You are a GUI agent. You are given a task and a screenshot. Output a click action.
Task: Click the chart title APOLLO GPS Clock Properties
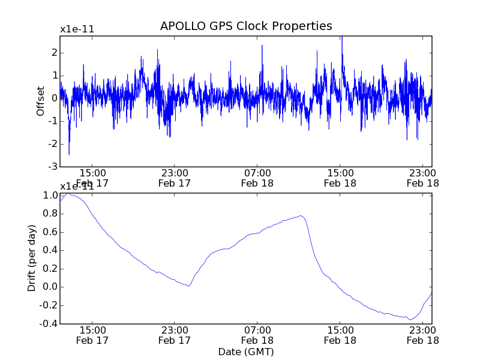click(246, 26)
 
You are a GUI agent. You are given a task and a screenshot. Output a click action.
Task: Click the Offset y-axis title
click(41, 101)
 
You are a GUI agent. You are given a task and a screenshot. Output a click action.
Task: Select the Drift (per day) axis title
click(32, 258)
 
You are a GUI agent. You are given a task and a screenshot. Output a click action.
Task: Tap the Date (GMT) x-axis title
click(246, 352)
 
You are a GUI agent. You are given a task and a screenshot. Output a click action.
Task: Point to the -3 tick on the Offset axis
click(53, 166)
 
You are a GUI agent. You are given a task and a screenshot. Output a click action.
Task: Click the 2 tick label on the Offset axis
click(54, 53)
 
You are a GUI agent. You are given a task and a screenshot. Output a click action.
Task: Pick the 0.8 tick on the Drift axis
click(50, 214)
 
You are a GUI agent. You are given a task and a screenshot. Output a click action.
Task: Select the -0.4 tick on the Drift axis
click(49, 323)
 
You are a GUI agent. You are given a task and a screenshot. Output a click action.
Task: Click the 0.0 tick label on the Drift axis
click(50, 287)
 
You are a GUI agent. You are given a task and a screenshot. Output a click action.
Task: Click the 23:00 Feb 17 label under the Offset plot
click(174, 178)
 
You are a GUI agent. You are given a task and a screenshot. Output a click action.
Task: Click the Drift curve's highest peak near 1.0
click(69, 194)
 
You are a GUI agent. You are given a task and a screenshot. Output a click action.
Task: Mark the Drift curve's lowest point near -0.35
click(410, 319)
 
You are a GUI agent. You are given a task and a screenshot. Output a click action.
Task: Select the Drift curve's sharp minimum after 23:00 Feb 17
click(188, 286)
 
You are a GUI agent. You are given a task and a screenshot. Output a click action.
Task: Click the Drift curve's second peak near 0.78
click(301, 215)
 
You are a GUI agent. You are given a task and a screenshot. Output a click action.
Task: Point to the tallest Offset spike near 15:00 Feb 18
click(341, 38)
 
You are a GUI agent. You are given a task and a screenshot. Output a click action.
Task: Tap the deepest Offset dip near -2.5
click(69, 154)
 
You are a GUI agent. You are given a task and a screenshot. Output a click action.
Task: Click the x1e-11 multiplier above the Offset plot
click(77, 29)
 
